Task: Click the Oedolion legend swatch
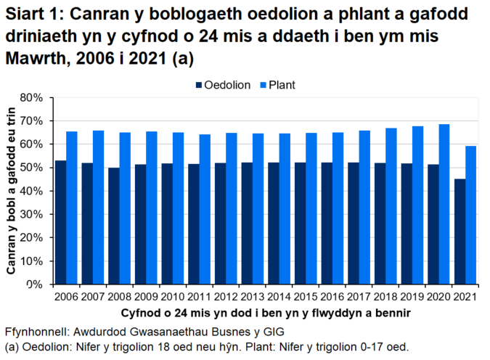199,85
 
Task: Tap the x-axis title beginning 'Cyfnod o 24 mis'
263,313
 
